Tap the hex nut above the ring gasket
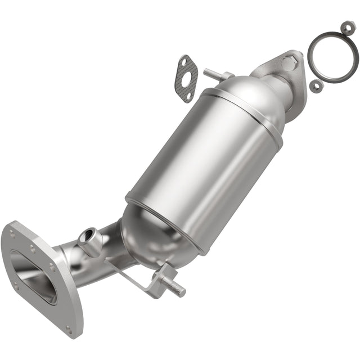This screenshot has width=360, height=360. tap(348, 27)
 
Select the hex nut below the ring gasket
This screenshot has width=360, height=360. tap(317, 85)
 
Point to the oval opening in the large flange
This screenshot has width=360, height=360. tap(34, 276)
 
